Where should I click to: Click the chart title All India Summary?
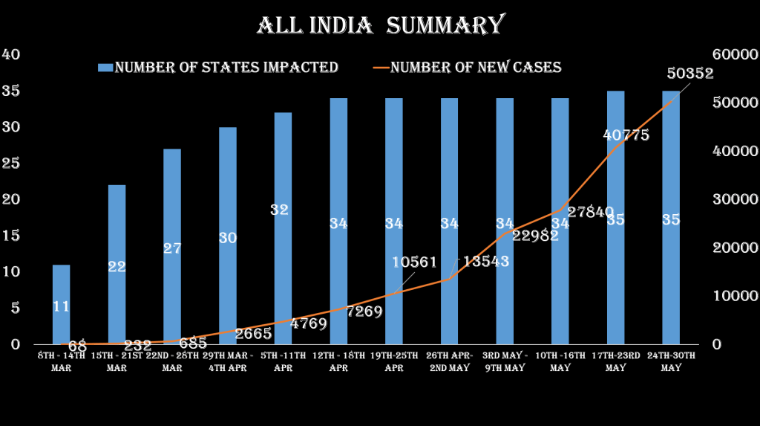point(380,25)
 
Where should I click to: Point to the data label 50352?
point(690,74)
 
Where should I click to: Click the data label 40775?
point(626,135)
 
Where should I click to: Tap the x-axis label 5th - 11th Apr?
point(282,361)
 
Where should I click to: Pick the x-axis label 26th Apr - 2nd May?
point(450,361)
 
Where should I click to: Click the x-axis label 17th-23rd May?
point(615,361)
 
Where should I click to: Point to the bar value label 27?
point(172,249)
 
